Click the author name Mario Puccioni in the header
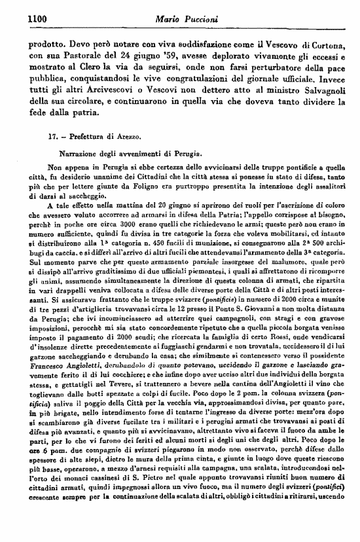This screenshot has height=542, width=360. [x=181, y=21]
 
